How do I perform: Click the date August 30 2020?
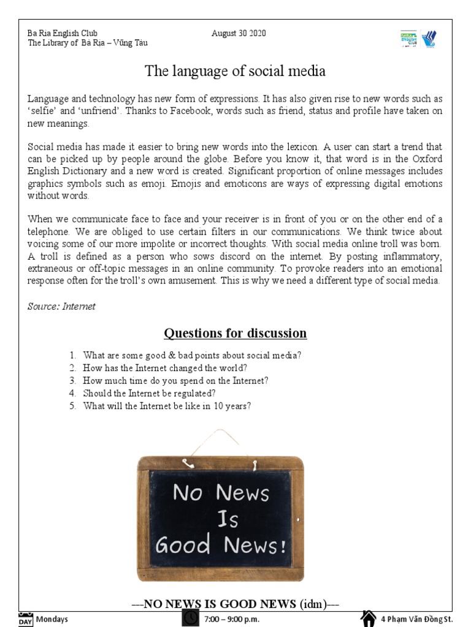tap(239, 33)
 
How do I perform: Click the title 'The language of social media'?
tap(235, 72)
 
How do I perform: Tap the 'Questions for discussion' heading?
tap(235, 333)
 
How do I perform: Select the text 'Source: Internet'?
tap(61, 306)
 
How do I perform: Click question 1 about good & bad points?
tap(192, 355)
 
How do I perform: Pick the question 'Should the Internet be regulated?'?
tap(149, 393)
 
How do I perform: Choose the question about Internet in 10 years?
tap(167, 406)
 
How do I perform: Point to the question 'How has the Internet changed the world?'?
tap(165, 368)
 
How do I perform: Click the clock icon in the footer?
tap(191, 618)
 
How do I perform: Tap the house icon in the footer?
tap(367, 618)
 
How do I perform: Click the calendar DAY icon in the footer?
tap(25, 618)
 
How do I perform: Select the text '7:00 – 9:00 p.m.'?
tap(231, 619)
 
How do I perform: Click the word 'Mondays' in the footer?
tap(52, 619)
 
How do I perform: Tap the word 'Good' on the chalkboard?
tap(183, 543)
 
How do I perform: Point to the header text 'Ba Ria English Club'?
tap(63, 33)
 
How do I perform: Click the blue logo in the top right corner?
tap(429, 39)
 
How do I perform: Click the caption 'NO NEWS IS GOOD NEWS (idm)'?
tap(235, 604)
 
